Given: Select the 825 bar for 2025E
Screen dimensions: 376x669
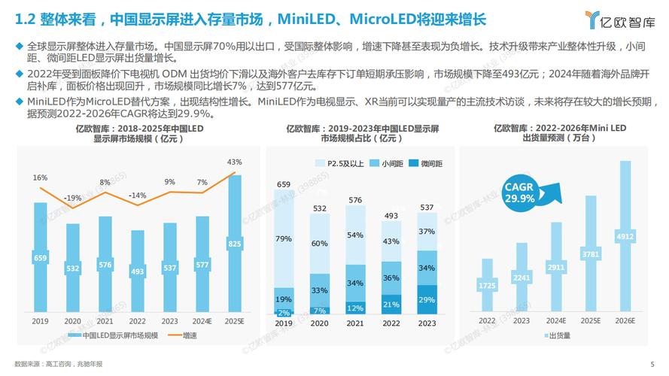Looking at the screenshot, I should click(235, 244).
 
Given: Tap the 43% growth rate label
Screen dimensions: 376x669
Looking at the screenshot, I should click(234, 162).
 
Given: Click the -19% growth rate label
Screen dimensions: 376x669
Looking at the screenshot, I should click(72, 198).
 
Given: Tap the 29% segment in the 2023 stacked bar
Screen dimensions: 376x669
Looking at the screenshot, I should click(427, 299).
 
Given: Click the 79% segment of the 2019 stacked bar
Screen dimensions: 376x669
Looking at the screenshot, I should click(284, 239).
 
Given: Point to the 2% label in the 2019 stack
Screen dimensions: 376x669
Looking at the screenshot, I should click(284, 312).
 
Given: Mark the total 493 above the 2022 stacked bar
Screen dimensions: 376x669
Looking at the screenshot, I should click(391, 216).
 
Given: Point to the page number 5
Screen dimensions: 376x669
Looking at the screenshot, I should click(652, 365).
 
